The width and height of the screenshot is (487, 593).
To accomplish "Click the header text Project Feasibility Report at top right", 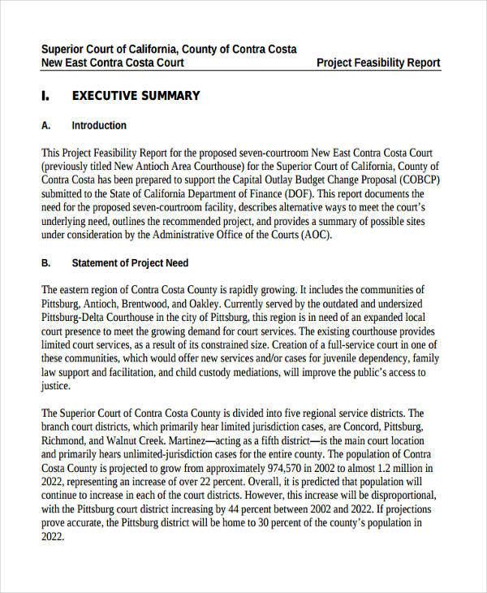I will [x=378, y=63].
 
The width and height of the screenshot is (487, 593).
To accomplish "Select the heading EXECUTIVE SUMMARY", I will [x=136, y=96].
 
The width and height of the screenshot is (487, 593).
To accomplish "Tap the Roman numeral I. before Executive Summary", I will [x=45, y=96].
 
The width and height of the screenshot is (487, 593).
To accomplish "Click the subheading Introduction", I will [x=99, y=126].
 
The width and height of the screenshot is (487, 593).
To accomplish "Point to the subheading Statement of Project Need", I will [x=130, y=263].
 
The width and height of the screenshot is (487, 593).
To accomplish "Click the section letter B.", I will [x=45, y=263].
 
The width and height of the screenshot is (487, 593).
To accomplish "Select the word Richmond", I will [x=64, y=441].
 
